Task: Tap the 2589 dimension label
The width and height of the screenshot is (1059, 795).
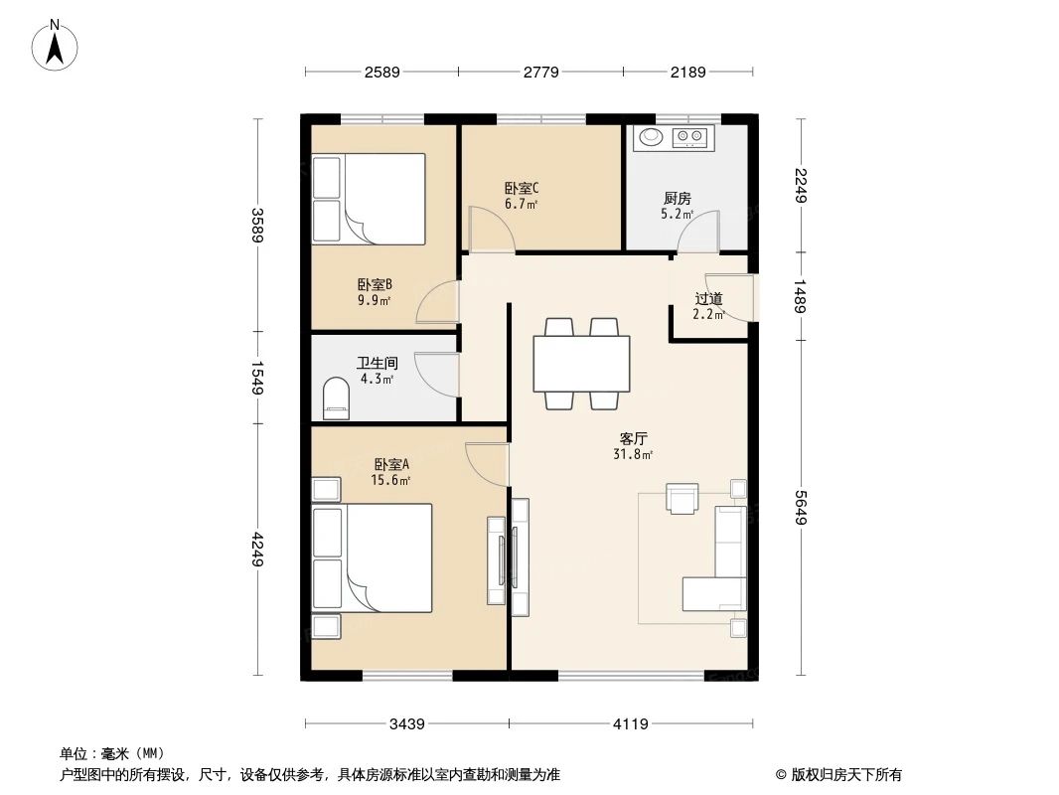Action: tap(382, 72)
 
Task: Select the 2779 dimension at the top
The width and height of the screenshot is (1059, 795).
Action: tap(540, 72)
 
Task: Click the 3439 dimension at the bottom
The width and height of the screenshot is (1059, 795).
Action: tap(407, 724)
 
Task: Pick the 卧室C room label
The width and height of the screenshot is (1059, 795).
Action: tap(522, 187)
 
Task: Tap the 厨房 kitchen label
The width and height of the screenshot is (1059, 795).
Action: tap(677, 198)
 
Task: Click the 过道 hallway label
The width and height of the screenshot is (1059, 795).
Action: tap(707, 298)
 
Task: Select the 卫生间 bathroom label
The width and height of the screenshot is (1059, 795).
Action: tap(377, 363)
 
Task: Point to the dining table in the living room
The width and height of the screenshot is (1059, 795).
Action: tap(581, 365)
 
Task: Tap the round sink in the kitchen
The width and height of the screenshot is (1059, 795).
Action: tap(651, 137)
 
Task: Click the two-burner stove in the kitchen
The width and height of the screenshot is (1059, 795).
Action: tap(691, 137)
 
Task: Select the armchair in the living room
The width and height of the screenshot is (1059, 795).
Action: tap(682, 498)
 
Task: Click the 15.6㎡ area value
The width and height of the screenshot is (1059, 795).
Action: tap(392, 480)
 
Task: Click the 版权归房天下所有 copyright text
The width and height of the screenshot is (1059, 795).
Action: tap(838, 774)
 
